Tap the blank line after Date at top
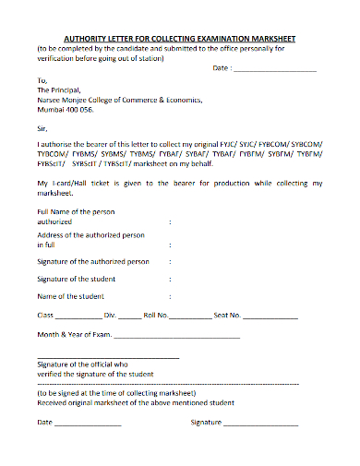276,70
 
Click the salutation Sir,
43,128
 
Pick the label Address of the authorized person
90,235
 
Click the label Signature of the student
76,279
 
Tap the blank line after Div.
128,317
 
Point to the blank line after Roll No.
190,317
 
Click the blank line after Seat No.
270,317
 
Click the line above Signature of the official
108,358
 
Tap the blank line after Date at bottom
88,424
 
